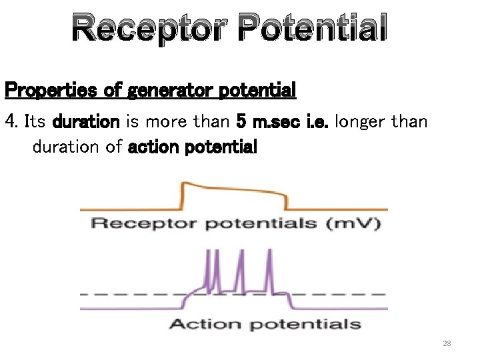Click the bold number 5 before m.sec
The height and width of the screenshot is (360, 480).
[241, 122]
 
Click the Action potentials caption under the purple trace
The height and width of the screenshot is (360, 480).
[265, 325]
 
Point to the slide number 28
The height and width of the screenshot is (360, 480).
[447, 343]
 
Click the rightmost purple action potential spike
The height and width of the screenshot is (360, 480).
[269, 267]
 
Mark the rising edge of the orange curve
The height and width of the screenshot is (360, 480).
[182, 197]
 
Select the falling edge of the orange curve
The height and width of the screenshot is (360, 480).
[287, 200]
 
